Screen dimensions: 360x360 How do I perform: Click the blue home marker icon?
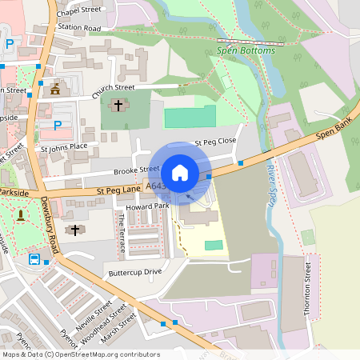pyautogui.click(x=180, y=172)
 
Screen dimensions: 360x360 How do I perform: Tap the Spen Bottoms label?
pyautogui.click(x=246, y=50)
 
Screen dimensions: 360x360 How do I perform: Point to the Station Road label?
pyautogui.click(x=79, y=28)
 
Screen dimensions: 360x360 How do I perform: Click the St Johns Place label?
pyautogui.click(x=64, y=147)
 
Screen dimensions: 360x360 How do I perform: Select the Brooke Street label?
pyautogui.click(x=137, y=170)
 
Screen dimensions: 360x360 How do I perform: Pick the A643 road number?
pyautogui.click(x=157, y=186)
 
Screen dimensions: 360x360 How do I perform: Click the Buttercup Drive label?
pyautogui.click(x=135, y=272)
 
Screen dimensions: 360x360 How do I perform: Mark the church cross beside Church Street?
pyautogui.click(x=118, y=105)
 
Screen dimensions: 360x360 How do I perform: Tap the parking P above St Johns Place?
pyautogui.click(x=57, y=125)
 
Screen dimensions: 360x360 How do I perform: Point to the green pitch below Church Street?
pyautogui.click(x=190, y=117)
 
